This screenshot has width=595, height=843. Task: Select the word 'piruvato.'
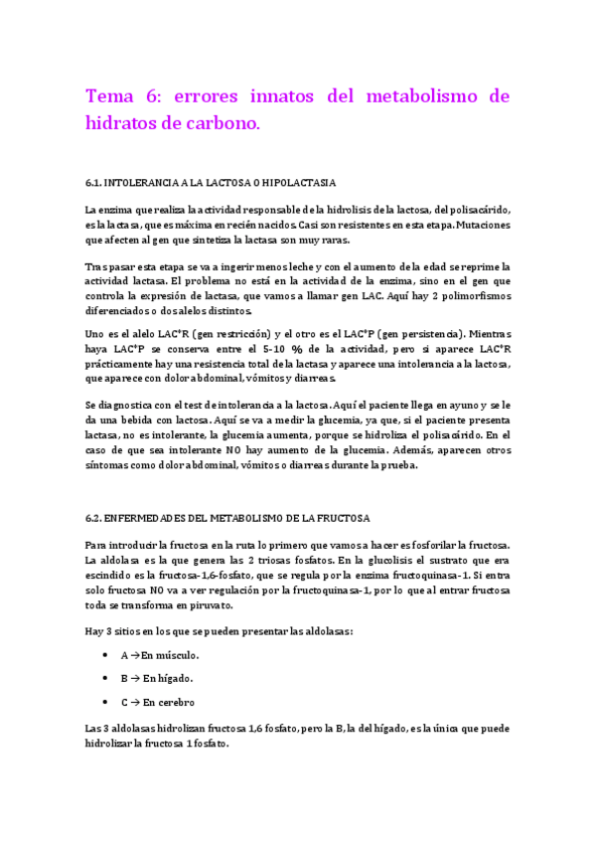[208, 604]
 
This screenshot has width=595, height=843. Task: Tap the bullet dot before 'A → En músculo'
[105, 655]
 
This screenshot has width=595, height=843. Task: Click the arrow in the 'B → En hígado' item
[134, 678]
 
